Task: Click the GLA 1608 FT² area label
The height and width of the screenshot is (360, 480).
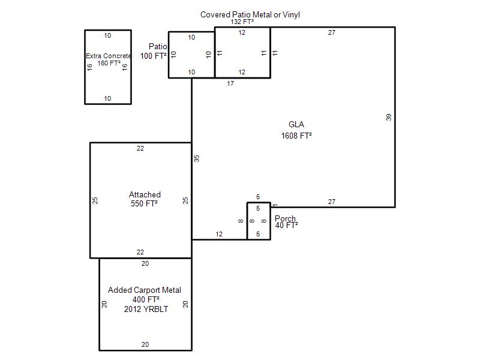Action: (x=296, y=130)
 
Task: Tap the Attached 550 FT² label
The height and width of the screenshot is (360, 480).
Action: (x=145, y=199)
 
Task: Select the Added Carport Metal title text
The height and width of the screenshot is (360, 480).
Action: (x=145, y=290)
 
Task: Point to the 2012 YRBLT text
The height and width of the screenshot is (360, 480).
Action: (x=146, y=309)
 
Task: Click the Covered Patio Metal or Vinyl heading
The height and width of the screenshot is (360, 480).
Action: (x=250, y=14)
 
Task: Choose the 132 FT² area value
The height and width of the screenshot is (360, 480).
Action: (x=242, y=22)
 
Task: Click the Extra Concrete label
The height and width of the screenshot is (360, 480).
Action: (x=109, y=56)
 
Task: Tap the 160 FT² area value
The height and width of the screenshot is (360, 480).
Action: (x=109, y=63)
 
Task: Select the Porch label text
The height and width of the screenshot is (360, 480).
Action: (x=285, y=218)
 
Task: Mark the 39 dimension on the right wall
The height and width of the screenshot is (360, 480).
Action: (x=388, y=117)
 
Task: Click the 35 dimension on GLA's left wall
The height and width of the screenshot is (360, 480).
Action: (x=197, y=158)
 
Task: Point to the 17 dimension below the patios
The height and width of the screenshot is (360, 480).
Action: (x=230, y=83)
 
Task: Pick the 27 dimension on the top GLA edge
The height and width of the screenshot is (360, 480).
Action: (x=332, y=32)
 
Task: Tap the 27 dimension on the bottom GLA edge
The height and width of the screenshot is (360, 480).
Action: (x=332, y=202)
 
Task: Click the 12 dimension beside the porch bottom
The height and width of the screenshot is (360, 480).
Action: (x=219, y=234)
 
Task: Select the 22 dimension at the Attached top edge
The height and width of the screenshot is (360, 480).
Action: (x=140, y=148)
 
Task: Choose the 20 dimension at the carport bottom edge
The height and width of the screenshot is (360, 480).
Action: (x=145, y=344)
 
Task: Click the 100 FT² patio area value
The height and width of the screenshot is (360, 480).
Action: (x=154, y=56)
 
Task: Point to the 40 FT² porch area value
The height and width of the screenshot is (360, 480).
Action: (x=287, y=226)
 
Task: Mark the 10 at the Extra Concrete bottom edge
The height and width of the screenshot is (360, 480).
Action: (x=107, y=98)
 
